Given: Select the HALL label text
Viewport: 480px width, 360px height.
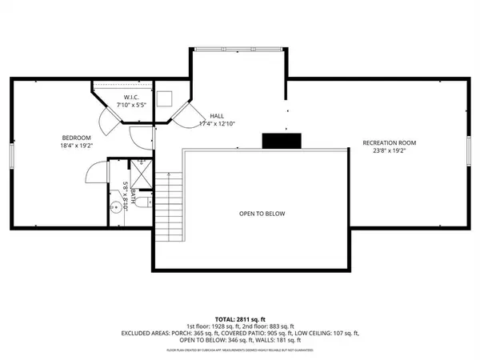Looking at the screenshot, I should tap(217, 116).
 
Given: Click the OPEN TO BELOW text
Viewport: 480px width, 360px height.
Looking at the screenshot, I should tap(262, 214).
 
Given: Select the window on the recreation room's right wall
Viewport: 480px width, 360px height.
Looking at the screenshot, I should tap(470, 152).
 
